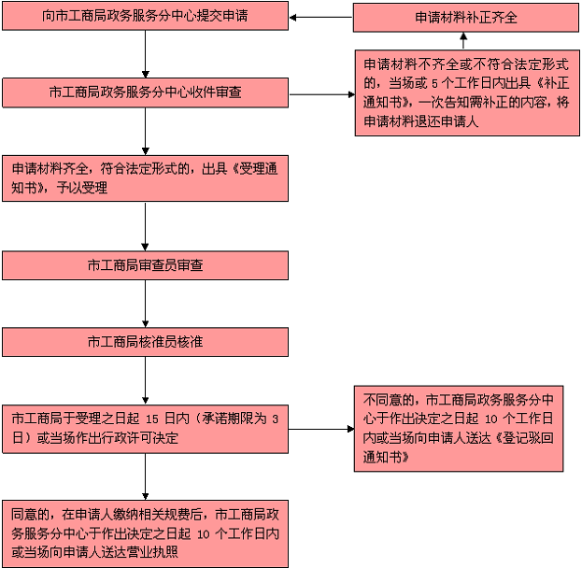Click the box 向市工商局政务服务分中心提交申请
pos(145,16)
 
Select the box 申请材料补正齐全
pos(466,18)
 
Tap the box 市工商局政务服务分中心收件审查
pos(145,92)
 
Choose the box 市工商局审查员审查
pos(145,265)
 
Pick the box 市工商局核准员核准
pos(145,342)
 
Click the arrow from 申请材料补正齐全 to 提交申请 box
pos(321,18)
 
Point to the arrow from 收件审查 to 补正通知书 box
pos(321,94)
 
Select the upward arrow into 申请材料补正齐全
pos(463,41)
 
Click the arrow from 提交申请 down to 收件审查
pos(145,54)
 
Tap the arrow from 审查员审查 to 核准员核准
pos(145,304)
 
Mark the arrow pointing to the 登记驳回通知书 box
pos(321,429)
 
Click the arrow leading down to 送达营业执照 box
pos(145,476)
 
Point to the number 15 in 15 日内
pos(152,419)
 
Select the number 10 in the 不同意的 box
pos(491,419)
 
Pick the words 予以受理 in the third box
pos(82,188)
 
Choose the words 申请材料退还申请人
pos(421,121)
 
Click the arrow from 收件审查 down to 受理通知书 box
pos(145,132)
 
